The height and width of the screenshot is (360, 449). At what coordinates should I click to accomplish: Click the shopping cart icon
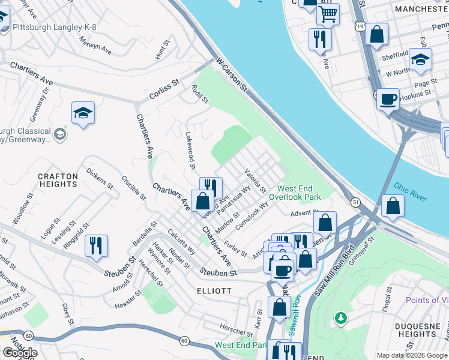coord(327,14)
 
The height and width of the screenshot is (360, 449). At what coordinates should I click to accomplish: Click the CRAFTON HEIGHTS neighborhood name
coord(58,180)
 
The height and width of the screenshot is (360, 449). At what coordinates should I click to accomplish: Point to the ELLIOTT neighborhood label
coord(214,290)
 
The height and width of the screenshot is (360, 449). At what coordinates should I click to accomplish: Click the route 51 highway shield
coord(355,202)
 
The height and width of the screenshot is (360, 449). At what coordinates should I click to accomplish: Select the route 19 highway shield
coord(359,27)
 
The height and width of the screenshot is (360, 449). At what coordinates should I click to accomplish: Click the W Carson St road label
coord(232,74)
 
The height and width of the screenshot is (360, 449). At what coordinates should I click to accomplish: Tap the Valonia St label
coord(255,181)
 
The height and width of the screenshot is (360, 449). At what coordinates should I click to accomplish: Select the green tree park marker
coord(340,317)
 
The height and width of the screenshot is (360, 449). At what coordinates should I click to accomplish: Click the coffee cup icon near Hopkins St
coord(388,98)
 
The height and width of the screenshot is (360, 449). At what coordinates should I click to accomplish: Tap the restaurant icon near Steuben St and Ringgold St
coord(95,245)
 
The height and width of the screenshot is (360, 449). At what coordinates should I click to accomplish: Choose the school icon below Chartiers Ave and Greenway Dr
coord(83,112)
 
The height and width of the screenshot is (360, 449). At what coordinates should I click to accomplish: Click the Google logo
coord(20,353)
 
